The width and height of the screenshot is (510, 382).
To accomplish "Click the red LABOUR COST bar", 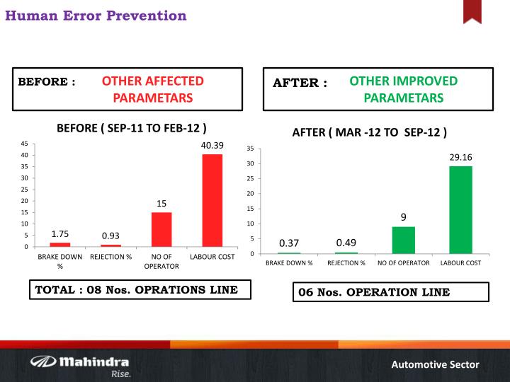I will [x=212, y=200].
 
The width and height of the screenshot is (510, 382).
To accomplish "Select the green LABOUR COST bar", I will [x=460, y=210].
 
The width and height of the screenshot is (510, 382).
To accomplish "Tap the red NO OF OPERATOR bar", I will [x=161, y=229].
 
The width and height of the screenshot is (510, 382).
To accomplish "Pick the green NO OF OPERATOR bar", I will [x=403, y=240].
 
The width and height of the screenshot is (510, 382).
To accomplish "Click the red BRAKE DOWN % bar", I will [x=60, y=244].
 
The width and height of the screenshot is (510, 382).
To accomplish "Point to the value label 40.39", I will [x=212, y=145].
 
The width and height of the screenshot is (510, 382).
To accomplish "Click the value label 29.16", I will [x=460, y=157].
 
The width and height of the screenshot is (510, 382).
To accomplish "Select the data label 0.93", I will [x=111, y=235].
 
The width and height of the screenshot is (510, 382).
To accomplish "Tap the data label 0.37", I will [x=288, y=243].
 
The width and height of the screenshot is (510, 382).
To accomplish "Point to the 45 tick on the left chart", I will [x=24, y=144].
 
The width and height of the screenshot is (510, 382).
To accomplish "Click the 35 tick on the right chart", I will [x=250, y=149].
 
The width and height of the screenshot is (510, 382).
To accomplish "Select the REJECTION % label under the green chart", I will [x=346, y=263].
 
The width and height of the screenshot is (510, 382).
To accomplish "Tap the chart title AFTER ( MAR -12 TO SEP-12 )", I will [x=370, y=132].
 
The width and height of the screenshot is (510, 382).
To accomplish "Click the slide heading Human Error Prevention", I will [x=96, y=15].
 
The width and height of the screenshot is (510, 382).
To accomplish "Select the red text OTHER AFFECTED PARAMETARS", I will [x=152, y=89].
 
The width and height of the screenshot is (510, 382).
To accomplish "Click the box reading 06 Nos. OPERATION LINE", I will [x=390, y=292].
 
